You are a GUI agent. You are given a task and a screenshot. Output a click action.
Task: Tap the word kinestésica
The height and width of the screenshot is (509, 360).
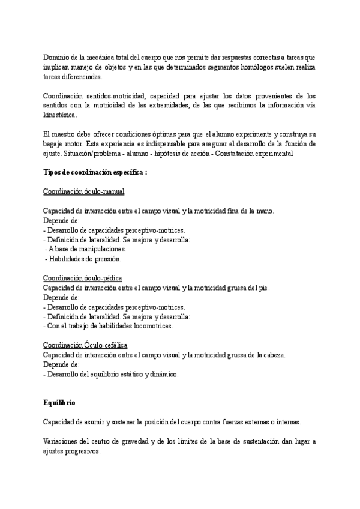click(x=60, y=115)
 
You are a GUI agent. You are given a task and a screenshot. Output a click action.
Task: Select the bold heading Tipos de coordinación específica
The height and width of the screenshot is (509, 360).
click(x=95, y=173)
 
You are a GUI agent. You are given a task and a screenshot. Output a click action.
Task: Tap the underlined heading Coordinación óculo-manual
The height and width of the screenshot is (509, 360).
click(x=84, y=191)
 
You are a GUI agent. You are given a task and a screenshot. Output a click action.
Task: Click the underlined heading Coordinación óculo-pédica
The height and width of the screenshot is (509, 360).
click(x=83, y=278)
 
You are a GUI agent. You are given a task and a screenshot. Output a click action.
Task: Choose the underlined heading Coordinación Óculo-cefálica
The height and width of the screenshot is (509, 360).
click(x=85, y=345)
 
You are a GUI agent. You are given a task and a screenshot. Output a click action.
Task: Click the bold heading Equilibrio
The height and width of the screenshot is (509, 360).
click(x=59, y=402)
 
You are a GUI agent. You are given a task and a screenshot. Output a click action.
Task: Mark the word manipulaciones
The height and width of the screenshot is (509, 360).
click(x=97, y=249)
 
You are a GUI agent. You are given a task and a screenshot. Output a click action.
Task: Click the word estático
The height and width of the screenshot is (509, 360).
click(x=126, y=374)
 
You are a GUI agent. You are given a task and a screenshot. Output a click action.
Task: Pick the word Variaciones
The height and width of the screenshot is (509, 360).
click(x=62, y=441)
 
